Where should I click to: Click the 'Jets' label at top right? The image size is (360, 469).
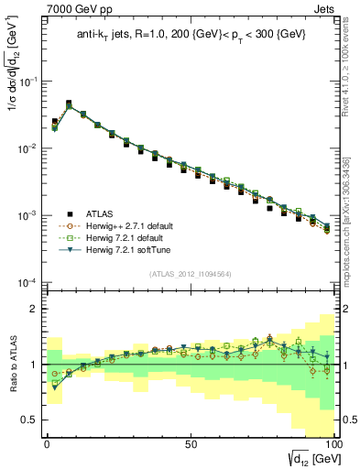click(x=327, y=8)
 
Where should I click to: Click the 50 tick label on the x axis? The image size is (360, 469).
click(x=190, y=443)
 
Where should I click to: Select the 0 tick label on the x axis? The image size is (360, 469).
click(x=47, y=443)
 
